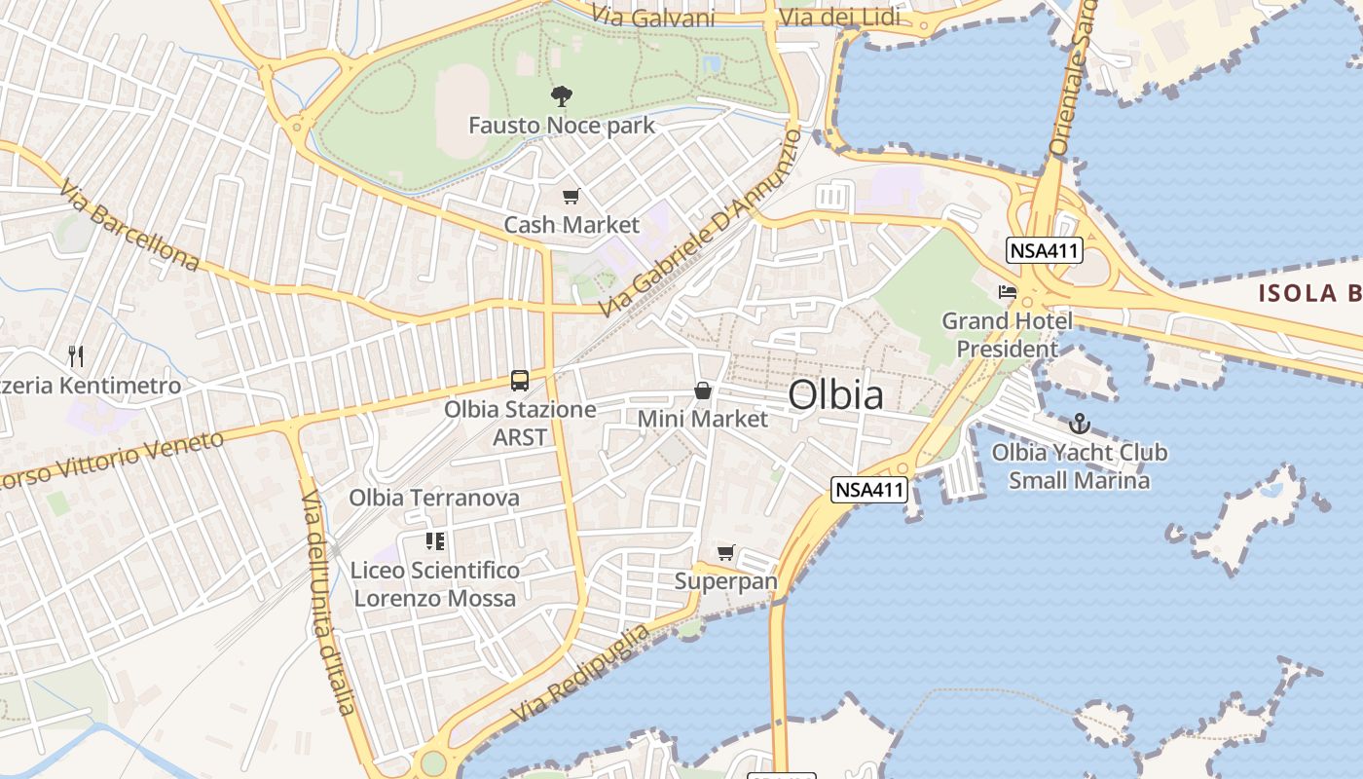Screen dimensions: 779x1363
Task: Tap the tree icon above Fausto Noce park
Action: [562, 95]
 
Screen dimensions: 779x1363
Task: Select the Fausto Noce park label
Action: [562, 126]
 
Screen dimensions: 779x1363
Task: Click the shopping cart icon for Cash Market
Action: [571, 197]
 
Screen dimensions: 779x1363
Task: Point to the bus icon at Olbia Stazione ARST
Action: [520, 380]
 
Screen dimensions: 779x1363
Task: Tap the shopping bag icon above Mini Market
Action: [702, 390]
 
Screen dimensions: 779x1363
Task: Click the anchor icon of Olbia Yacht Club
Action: [1079, 424]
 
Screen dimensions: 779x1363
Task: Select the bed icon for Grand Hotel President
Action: [1007, 291]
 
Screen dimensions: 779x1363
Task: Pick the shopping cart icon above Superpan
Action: [725, 553]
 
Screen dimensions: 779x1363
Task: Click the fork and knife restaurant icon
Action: [77, 356]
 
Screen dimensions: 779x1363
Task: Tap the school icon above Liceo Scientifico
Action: [434, 540]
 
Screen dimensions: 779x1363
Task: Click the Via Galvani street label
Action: [653, 18]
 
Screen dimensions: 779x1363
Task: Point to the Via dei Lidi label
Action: [840, 18]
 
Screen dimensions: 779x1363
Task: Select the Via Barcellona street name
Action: [129, 224]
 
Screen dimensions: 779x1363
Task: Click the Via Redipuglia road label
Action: [580, 674]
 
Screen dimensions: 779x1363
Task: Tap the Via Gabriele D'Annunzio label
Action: [700, 223]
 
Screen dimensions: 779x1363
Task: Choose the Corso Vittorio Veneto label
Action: [112, 460]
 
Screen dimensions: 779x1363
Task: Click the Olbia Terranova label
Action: [434, 498]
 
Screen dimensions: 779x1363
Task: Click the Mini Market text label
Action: [702, 419]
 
